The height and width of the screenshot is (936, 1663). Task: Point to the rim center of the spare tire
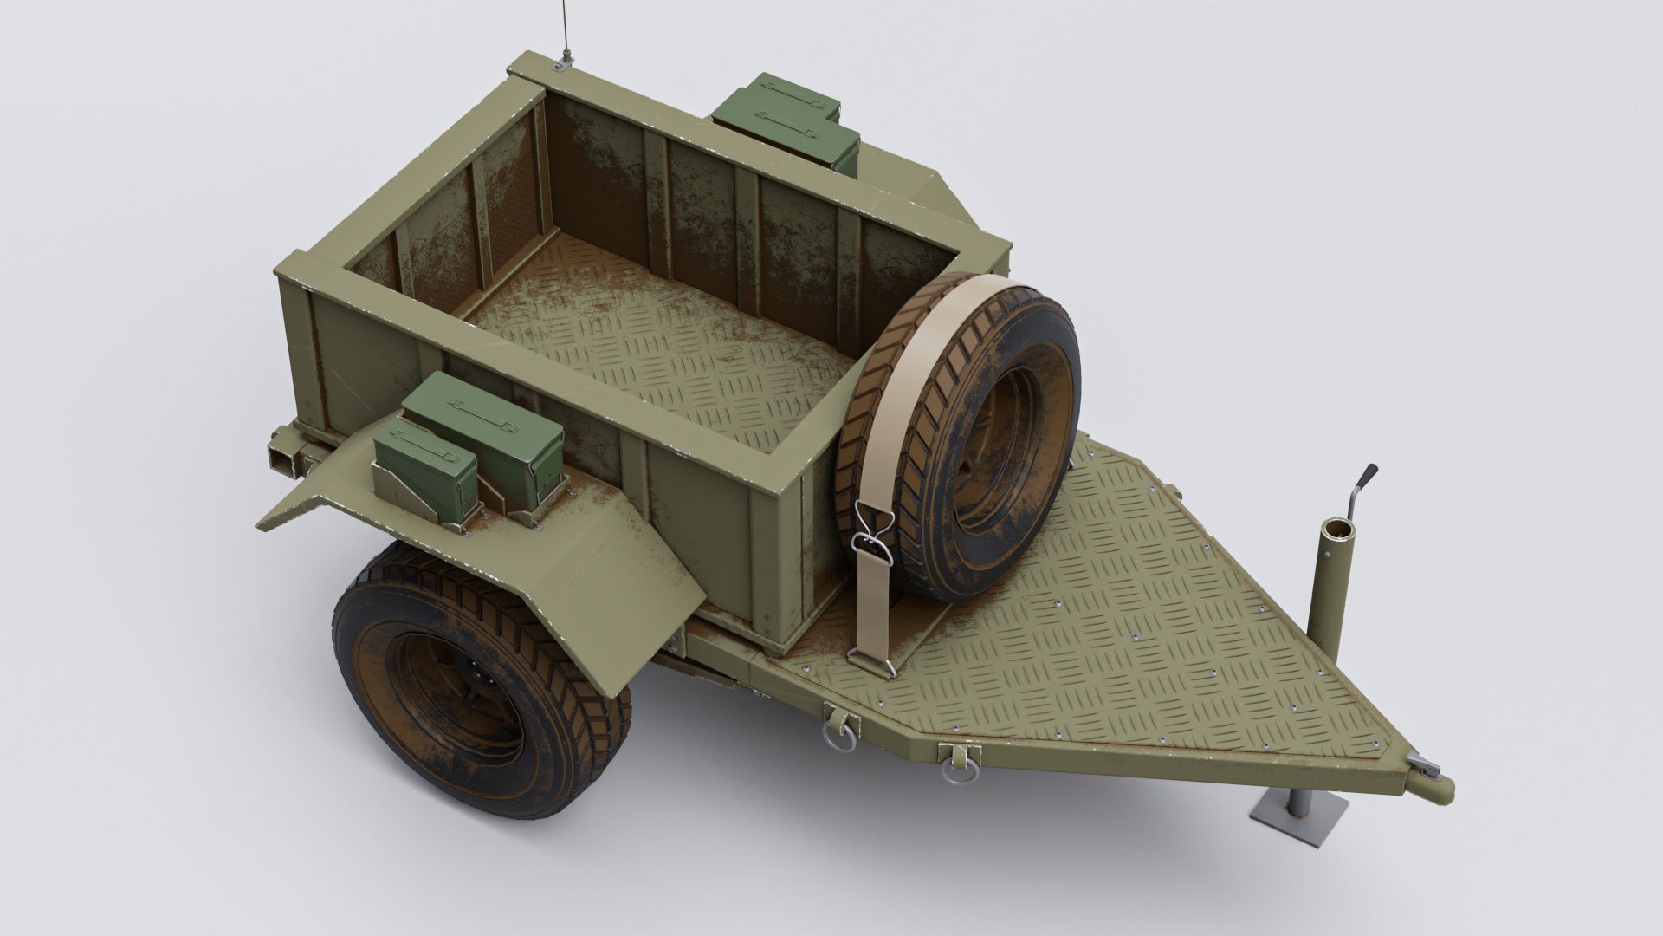pyautogui.click(x=996, y=451)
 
